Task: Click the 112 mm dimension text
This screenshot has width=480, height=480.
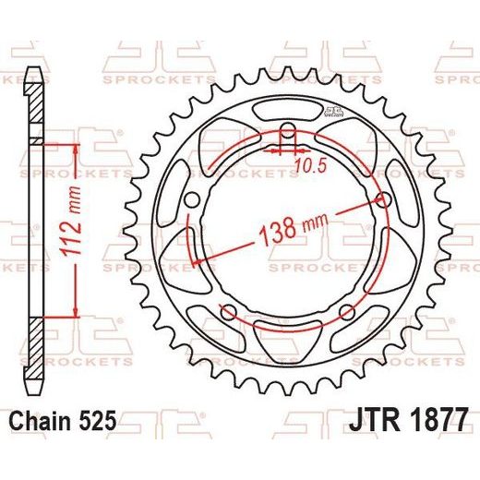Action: click(71, 221)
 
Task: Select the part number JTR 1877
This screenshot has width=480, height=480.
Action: click(409, 419)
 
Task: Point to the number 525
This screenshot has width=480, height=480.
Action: click(99, 420)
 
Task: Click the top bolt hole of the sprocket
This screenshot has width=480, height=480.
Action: click(288, 130)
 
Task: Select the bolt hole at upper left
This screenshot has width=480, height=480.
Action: click(193, 200)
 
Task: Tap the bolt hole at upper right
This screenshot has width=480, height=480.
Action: click(383, 200)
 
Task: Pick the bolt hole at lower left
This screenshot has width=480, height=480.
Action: click(229, 312)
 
